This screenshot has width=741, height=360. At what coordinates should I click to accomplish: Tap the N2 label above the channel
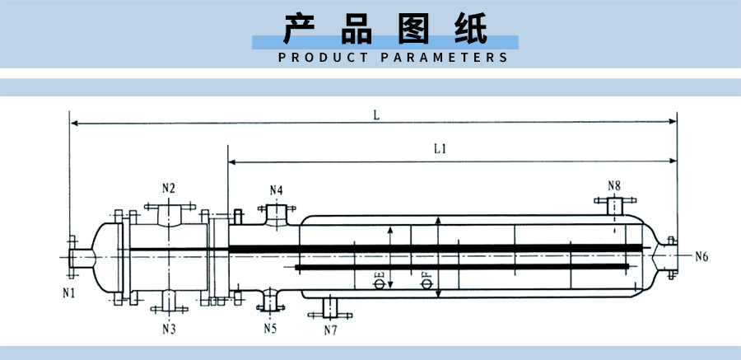click(x=169, y=188)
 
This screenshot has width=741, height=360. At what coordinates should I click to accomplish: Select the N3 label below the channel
click(x=169, y=329)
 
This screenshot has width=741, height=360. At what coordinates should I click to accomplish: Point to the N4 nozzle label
click(x=277, y=190)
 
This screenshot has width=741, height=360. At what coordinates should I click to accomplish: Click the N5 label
click(x=270, y=329)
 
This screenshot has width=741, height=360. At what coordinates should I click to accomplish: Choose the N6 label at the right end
click(x=701, y=256)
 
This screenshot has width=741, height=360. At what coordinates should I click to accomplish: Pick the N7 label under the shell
click(x=330, y=330)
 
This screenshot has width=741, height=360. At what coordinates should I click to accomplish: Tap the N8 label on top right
click(x=614, y=185)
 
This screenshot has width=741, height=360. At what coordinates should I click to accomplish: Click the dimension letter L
click(x=375, y=115)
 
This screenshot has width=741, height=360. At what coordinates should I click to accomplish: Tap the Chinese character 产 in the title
click(x=301, y=29)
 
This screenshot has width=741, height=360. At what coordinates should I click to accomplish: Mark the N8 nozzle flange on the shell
click(x=613, y=202)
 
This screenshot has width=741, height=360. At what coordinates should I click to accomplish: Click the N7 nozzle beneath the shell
click(x=329, y=309)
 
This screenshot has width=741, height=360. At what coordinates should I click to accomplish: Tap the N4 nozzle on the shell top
click(x=277, y=212)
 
